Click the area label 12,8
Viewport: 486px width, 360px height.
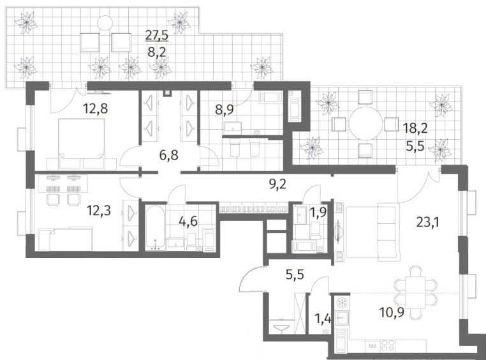[96, 109]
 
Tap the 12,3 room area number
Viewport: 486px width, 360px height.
[99, 211]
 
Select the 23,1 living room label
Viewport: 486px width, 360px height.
[429, 222]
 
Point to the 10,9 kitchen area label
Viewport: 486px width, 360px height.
[392, 313]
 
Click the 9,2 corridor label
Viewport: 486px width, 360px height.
[277, 184]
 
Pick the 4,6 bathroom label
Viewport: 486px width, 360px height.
[188, 221]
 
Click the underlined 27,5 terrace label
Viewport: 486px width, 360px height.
[157, 34]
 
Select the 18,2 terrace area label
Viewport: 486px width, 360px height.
[415, 128]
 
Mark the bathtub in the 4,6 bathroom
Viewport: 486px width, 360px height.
[155, 227]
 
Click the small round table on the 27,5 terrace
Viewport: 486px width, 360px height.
[105, 23]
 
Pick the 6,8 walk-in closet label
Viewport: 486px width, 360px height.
[169, 154]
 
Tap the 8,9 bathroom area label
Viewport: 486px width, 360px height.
[225, 109]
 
